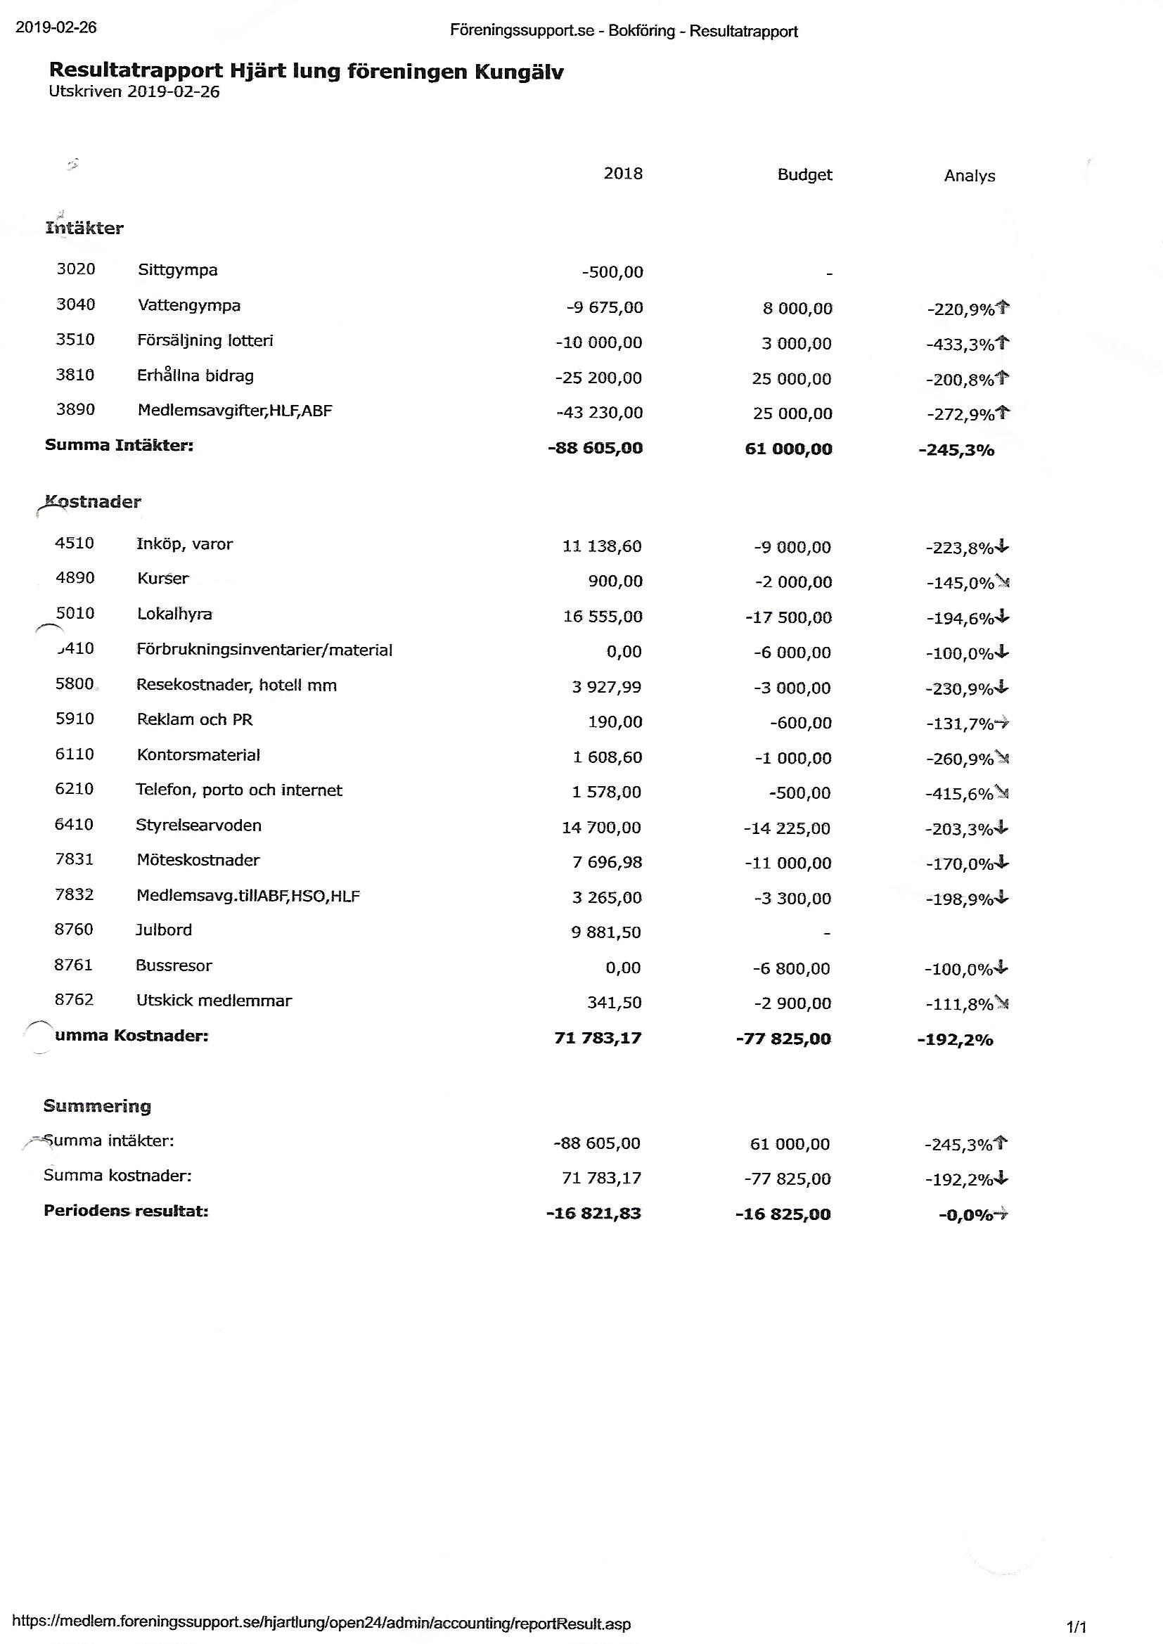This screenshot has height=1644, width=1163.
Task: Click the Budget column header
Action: [804, 174]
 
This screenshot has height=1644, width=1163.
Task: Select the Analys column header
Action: [969, 176]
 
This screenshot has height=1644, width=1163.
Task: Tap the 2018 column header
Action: [623, 173]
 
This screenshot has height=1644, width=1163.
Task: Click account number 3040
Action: [75, 304]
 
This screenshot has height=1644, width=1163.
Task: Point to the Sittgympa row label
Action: [178, 270]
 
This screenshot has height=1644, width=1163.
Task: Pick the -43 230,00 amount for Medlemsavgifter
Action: [598, 413]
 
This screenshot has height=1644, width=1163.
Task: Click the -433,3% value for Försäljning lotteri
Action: [960, 345]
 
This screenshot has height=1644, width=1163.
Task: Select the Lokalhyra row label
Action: [174, 614]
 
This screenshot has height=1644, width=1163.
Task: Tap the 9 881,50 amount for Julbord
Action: [606, 932]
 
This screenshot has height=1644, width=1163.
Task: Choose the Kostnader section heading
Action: [93, 501]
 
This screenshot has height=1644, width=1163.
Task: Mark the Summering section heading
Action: [98, 1105]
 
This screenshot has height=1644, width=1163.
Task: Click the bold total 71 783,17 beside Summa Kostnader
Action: [597, 1039]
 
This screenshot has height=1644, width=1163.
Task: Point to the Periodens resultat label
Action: [126, 1211]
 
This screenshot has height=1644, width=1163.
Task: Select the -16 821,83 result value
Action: [593, 1214]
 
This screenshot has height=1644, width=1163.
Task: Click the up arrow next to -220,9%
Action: [1003, 307]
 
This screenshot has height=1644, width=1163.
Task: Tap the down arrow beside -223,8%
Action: [1002, 547]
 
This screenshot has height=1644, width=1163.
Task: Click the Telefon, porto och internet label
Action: [238, 790]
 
